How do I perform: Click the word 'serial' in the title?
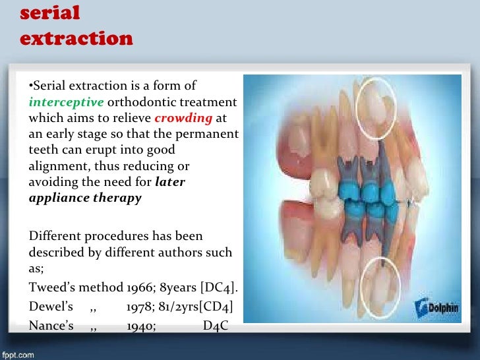click(50, 13)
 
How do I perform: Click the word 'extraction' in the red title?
click(76, 38)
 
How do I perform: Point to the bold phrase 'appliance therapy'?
click(85, 198)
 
